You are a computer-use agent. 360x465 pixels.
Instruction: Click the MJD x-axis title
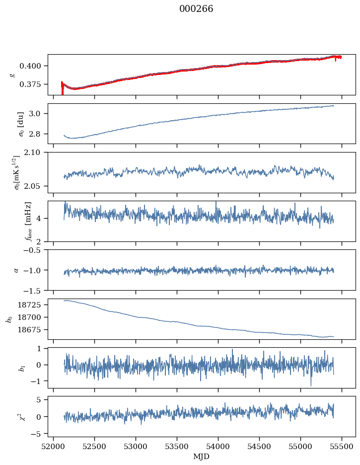(x=201, y=457)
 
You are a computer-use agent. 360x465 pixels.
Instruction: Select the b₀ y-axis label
(x=8, y=318)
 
